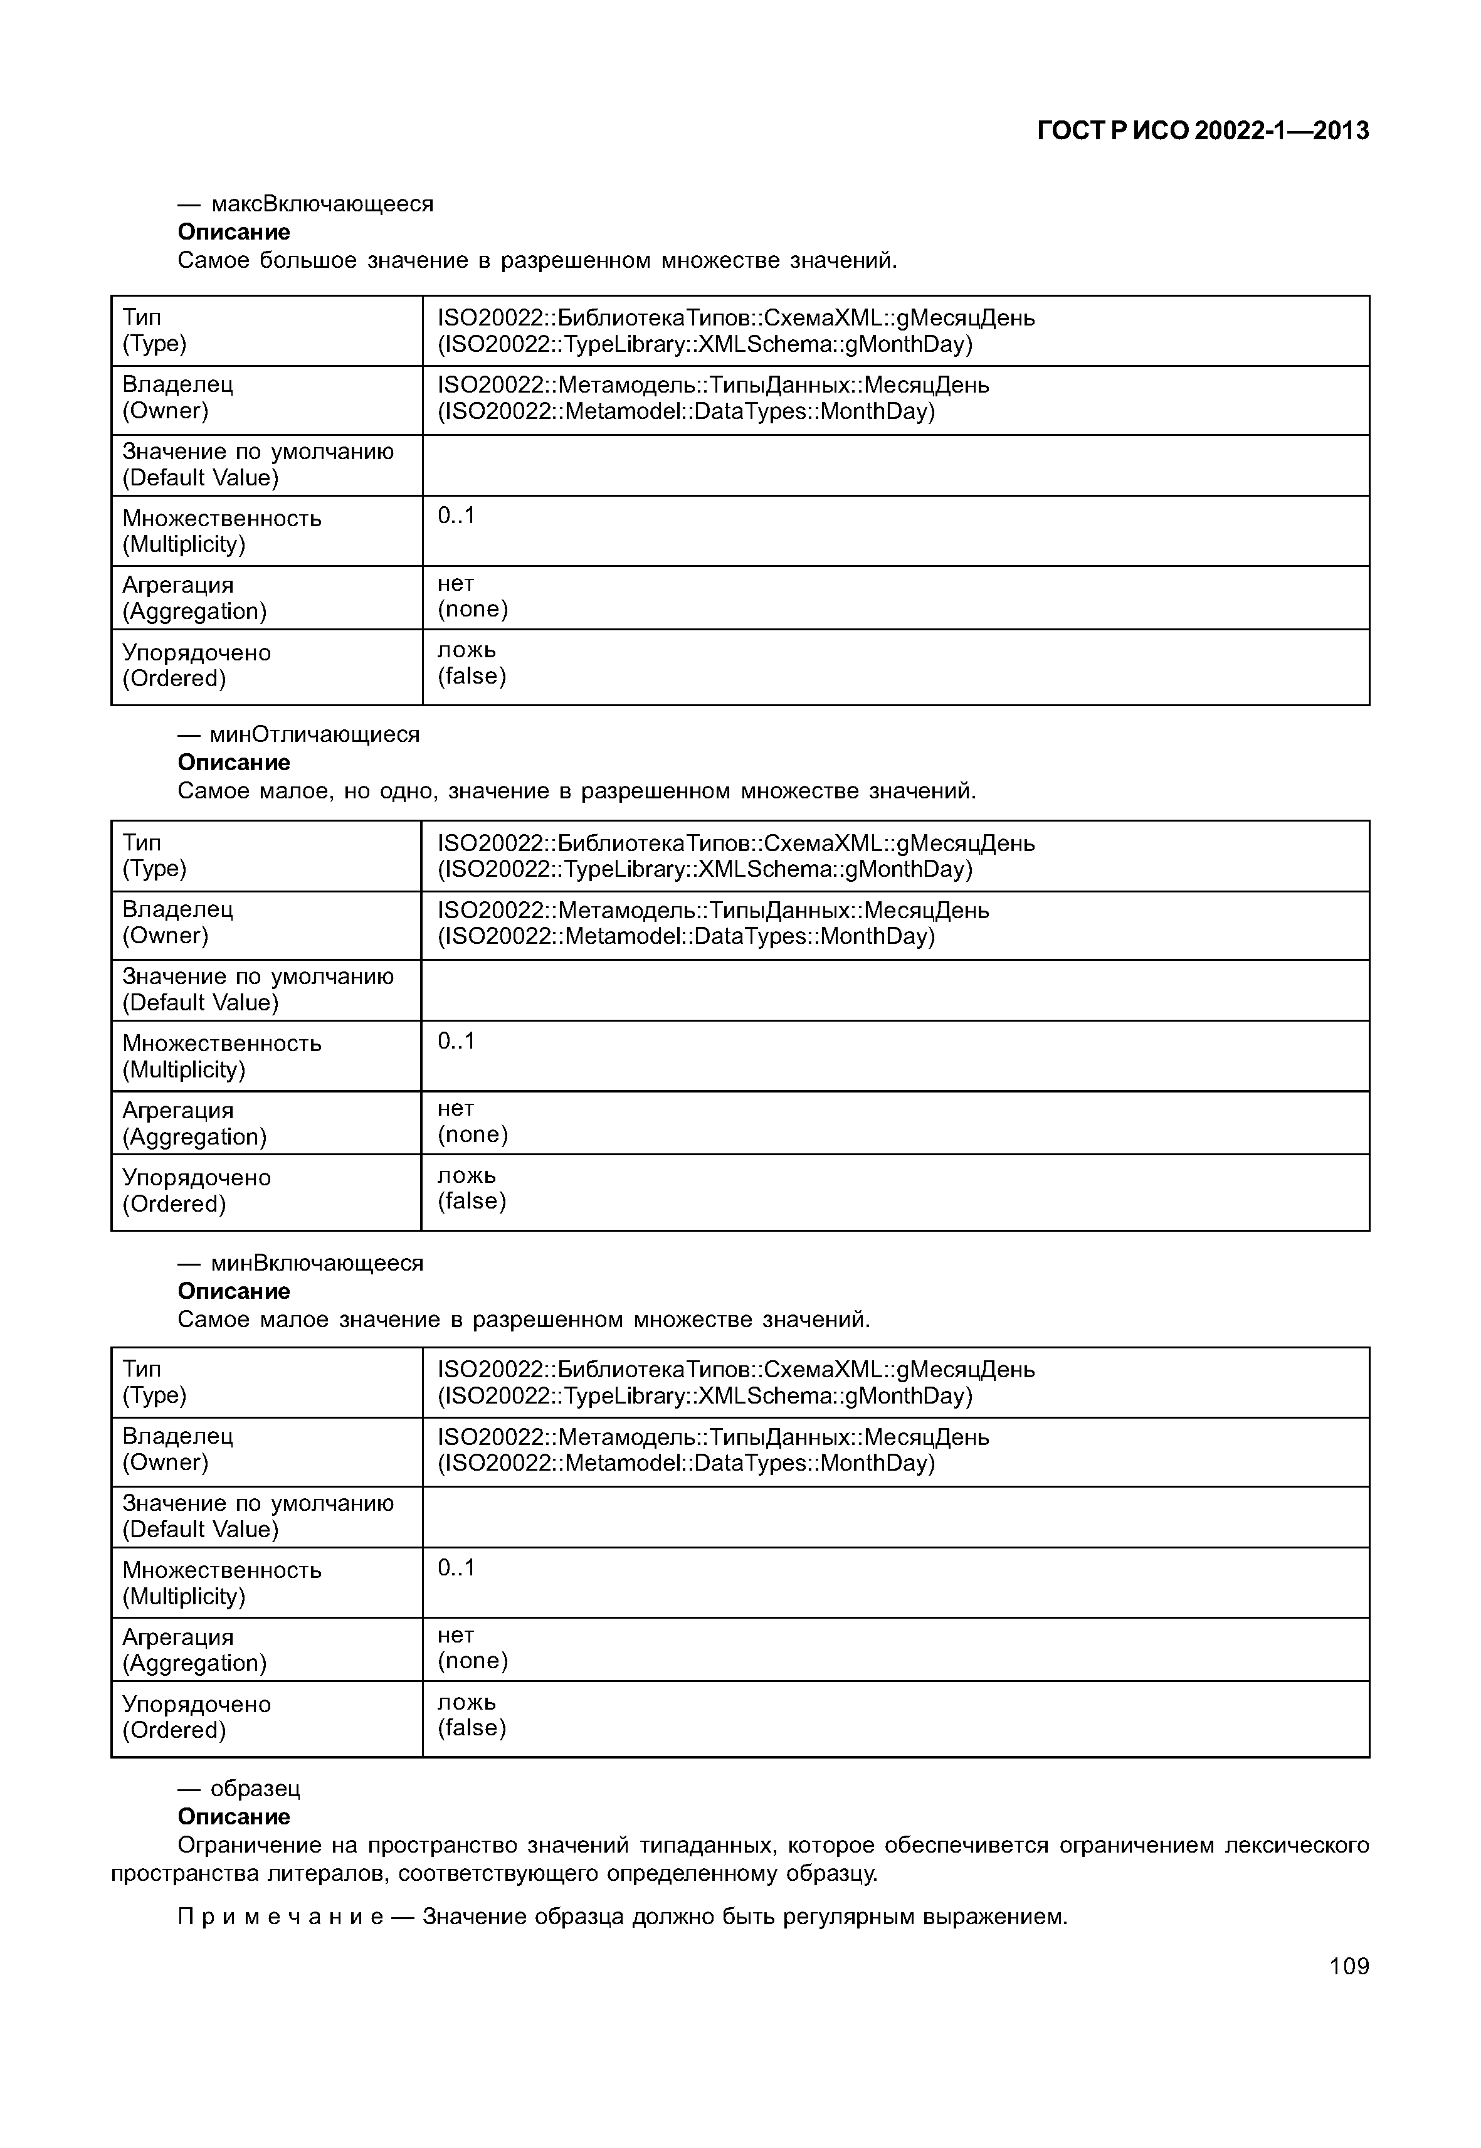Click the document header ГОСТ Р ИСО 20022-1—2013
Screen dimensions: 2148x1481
1202,131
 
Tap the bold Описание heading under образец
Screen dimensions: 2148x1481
234,1817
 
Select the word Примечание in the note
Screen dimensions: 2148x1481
280,1917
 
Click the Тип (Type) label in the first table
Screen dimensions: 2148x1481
155,331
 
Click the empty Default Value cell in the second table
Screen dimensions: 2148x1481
895,990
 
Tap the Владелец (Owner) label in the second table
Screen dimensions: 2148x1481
178,922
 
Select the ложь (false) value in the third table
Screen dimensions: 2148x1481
472,1715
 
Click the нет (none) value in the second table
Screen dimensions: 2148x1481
472,1121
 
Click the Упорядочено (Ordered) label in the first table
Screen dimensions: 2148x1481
197,665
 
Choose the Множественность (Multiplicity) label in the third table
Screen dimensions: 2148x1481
222,1583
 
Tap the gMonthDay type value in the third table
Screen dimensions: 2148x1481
736,1382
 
